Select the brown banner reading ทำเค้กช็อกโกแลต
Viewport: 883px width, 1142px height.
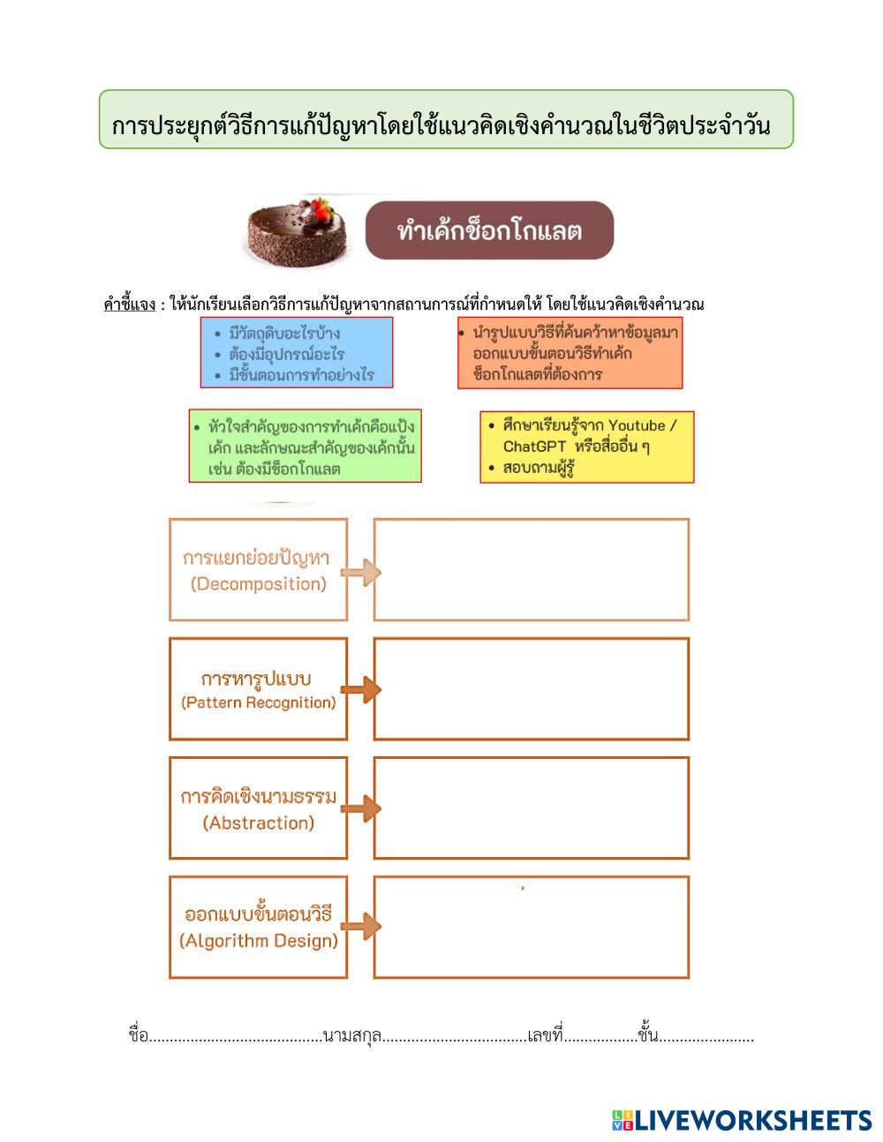pos(489,231)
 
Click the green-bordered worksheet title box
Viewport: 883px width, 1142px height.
pos(446,119)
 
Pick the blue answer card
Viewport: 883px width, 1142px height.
pos(296,353)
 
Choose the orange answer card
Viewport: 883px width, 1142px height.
pos(570,353)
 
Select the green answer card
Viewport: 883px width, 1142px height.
pos(305,446)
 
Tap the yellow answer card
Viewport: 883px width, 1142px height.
pos(587,447)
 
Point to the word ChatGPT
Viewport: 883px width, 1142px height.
pos(534,447)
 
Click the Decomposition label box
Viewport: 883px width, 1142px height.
pos(258,569)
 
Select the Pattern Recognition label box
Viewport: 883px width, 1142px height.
pos(258,688)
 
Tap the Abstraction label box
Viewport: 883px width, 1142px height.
pos(258,808)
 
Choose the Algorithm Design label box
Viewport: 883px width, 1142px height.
pos(258,927)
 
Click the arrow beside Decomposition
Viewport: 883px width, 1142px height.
pos(360,573)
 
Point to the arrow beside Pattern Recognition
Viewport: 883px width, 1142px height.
pos(360,689)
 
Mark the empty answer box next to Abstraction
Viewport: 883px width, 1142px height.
pos(531,808)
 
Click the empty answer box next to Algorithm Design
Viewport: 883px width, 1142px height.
pos(531,927)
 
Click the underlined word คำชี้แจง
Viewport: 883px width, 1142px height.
pos(129,305)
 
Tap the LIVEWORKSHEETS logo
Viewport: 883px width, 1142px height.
pos(742,1121)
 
